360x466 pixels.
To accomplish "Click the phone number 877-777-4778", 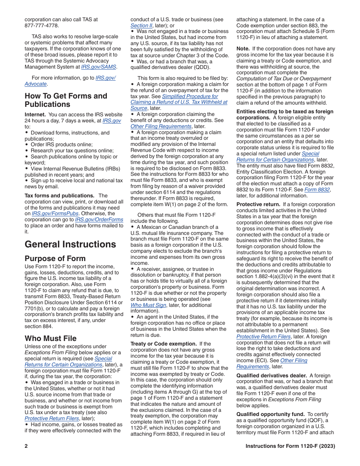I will tap(42, 25).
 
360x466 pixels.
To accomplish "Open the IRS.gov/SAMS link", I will tap(99, 67).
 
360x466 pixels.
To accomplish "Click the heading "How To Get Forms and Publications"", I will tap(66, 100).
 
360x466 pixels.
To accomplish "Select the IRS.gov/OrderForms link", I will tap(99, 219).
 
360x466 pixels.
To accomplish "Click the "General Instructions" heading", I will tap(70, 244).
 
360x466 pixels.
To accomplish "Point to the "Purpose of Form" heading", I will tap(55, 259).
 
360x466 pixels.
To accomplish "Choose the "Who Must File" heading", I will tap(50, 338).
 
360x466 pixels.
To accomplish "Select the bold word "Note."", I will tap(243, 49).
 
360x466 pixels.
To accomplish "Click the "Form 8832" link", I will tap(317, 190).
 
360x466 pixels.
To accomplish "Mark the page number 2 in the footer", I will tap(27, 446).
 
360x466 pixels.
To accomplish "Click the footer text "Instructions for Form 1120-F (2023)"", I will tap(290, 446).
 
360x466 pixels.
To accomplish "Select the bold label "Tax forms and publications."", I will tap(59, 195).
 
